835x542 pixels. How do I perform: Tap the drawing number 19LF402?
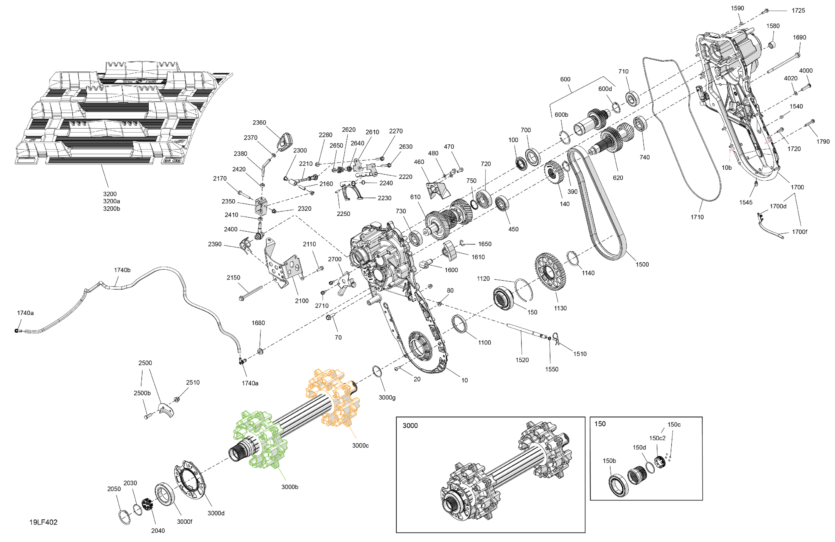(43, 522)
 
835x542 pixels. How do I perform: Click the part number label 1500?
(642, 264)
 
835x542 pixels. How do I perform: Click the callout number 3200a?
(111, 201)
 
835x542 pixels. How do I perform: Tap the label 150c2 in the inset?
(657, 438)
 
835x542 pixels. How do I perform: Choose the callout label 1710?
(697, 217)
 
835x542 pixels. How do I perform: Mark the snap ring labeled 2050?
(124, 517)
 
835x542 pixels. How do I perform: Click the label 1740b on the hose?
(122, 270)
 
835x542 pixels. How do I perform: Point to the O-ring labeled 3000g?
(377, 371)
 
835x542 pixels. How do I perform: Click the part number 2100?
(301, 301)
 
